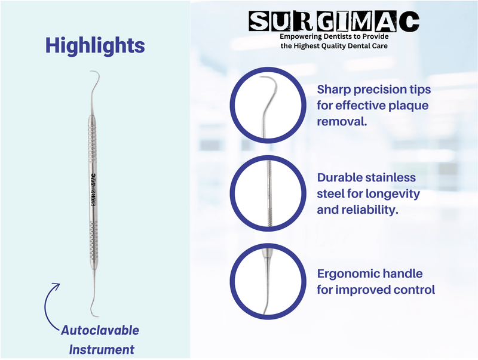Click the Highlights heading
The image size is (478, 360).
(x=95, y=45)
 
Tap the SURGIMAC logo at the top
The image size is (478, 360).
(x=334, y=22)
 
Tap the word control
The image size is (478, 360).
(x=414, y=290)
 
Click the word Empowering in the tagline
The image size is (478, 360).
(x=302, y=37)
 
